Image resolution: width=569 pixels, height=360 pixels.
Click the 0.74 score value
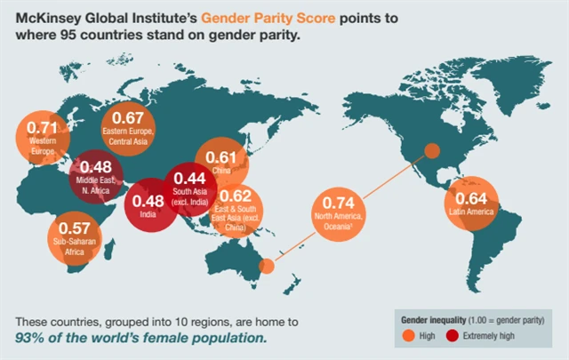(x=340, y=203)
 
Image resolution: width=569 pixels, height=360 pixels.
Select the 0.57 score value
(x=74, y=227)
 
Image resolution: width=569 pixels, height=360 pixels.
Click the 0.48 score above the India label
(x=147, y=200)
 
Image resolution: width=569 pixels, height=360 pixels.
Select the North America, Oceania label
(x=340, y=222)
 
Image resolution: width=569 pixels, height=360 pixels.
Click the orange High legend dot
(x=408, y=336)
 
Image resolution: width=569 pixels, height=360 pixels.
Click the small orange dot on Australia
(x=265, y=266)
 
